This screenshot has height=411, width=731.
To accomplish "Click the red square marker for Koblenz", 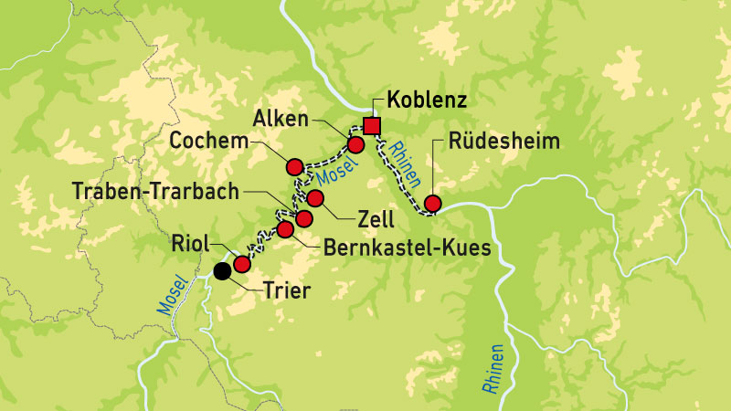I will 371,126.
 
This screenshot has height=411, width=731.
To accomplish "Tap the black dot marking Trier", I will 222,270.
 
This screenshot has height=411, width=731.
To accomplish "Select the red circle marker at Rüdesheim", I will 433,203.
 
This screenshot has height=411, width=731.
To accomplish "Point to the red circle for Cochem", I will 294,166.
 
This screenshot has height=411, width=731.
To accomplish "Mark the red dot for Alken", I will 356,144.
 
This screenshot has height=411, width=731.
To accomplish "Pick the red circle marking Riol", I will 242,264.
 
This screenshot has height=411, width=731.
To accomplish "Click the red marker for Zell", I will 315,198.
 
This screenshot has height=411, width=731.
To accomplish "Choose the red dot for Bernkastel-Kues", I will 284,228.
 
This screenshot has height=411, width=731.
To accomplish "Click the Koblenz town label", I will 427,100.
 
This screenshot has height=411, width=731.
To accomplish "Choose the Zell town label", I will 376,220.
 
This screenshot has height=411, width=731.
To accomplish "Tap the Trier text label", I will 287,292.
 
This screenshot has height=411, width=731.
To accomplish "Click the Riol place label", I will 189,244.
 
